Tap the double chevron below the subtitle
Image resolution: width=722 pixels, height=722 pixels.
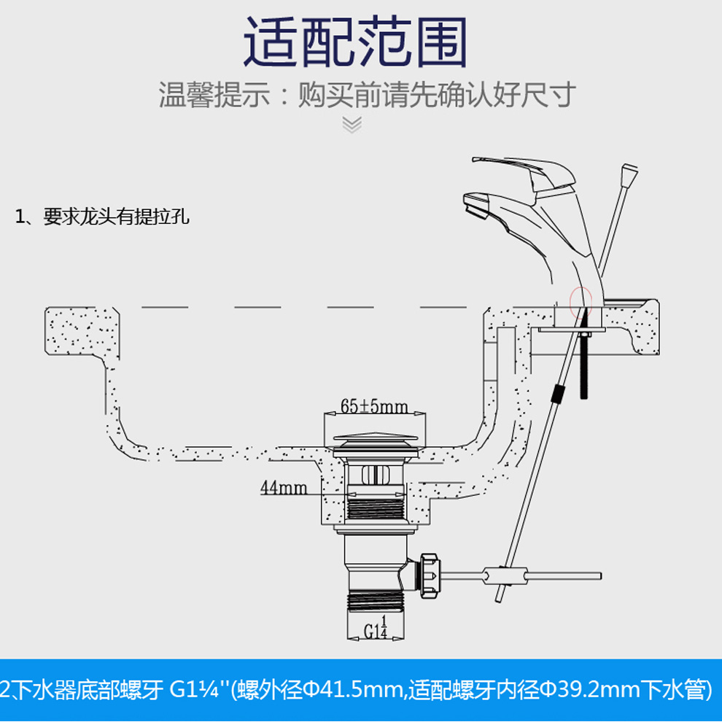(x=352, y=125)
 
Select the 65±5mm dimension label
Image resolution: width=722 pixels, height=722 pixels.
(x=374, y=406)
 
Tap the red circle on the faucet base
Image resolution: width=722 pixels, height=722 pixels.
(x=580, y=300)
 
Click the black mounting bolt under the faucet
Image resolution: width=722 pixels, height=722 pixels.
(x=584, y=365)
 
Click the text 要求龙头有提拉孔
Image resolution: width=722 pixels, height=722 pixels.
(x=117, y=217)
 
